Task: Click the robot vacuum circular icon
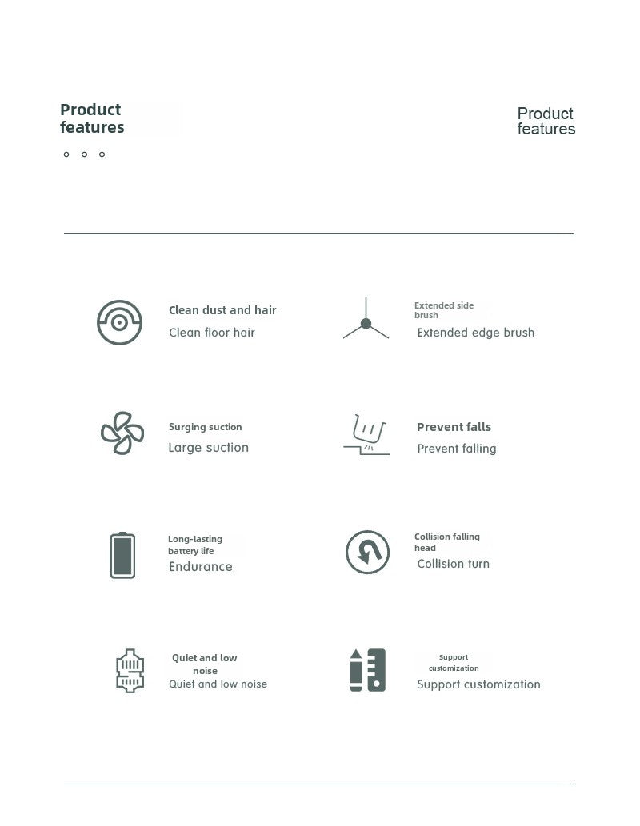[x=119, y=322]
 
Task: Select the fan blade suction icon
[x=122, y=433]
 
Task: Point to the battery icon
[x=122, y=555]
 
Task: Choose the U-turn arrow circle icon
[x=367, y=552]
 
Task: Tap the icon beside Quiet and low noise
[x=130, y=670]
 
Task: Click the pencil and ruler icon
[x=367, y=670]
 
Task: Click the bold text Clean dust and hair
[x=222, y=310]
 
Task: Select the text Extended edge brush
[x=475, y=333]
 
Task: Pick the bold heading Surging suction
[x=205, y=427]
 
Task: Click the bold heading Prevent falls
[x=454, y=427]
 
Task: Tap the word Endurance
[x=200, y=567]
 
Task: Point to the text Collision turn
[x=453, y=564]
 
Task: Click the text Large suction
[x=208, y=448]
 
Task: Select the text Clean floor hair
[x=211, y=333]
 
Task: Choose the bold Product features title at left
[x=92, y=118]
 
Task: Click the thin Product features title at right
[x=546, y=122]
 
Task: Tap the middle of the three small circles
[x=84, y=154]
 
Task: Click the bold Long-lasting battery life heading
[x=195, y=545]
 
